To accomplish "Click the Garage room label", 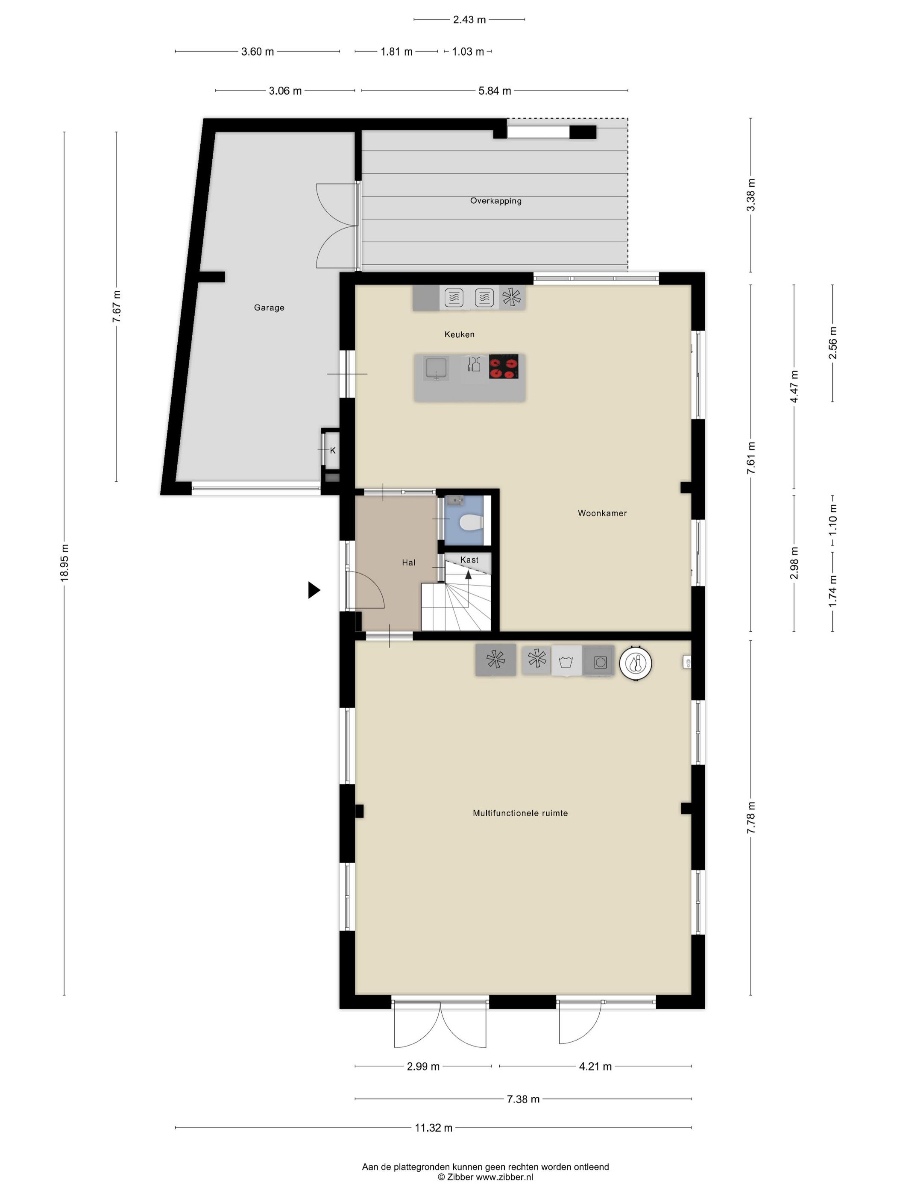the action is pyautogui.click(x=269, y=308).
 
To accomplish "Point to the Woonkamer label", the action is pyautogui.click(x=602, y=513).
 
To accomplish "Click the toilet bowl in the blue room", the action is pyautogui.click(x=470, y=523).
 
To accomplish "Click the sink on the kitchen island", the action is pyautogui.click(x=437, y=368).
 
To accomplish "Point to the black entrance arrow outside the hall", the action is pyautogui.click(x=314, y=590).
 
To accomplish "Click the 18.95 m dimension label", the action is pyautogui.click(x=64, y=562).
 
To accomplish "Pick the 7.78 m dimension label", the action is pyautogui.click(x=751, y=818).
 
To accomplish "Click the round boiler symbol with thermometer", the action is pyautogui.click(x=635, y=662).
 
